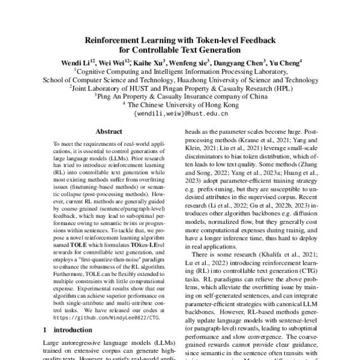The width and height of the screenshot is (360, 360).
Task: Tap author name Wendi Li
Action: (x=76, y=62)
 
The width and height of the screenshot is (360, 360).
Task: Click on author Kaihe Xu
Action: (x=142, y=62)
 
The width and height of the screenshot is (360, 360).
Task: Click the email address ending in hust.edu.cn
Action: (x=180, y=113)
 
